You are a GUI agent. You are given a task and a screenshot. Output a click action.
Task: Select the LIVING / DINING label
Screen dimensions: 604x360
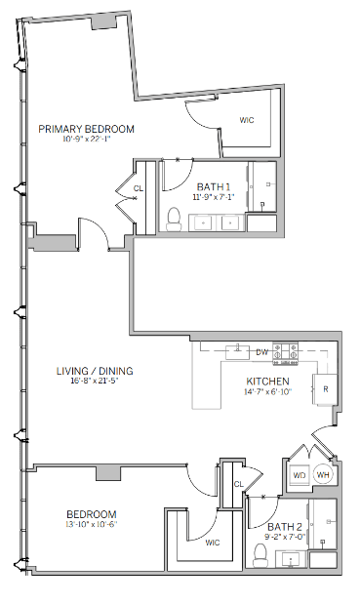pyautogui.click(x=94, y=371)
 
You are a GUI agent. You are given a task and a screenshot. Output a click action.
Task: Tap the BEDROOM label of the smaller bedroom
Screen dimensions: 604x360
pyautogui.click(x=91, y=514)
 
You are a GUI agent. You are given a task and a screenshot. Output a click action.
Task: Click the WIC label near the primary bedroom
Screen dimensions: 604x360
pyautogui.click(x=248, y=121)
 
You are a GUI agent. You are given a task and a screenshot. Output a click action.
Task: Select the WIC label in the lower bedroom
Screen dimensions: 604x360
pyautogui.click(x=213, y=544)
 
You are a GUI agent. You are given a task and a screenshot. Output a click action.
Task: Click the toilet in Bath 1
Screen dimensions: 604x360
pyautogui.click(x=175, y=218)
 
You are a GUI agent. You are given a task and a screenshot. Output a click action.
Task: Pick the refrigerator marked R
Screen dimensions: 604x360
pyautogui.click(x=324, y=388)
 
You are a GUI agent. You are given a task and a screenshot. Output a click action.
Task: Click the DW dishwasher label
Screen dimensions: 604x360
pyautogui.click(x=261, y=350)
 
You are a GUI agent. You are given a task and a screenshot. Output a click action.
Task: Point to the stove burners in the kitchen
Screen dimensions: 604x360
pyautogui.click(x=286, y=349)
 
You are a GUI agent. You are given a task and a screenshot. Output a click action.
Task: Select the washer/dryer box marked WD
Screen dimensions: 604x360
pyautogui.click(x=299, y=476)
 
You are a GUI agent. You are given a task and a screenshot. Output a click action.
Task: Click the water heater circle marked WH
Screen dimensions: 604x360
pyautogui.click(x=324, y=476)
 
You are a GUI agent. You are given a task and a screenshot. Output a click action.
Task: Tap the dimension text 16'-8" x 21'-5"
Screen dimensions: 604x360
pyautogui.click(x=94, y=383)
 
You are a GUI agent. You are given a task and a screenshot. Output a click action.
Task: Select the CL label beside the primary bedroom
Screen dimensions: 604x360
pyautogui.click(x=138, y=188)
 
